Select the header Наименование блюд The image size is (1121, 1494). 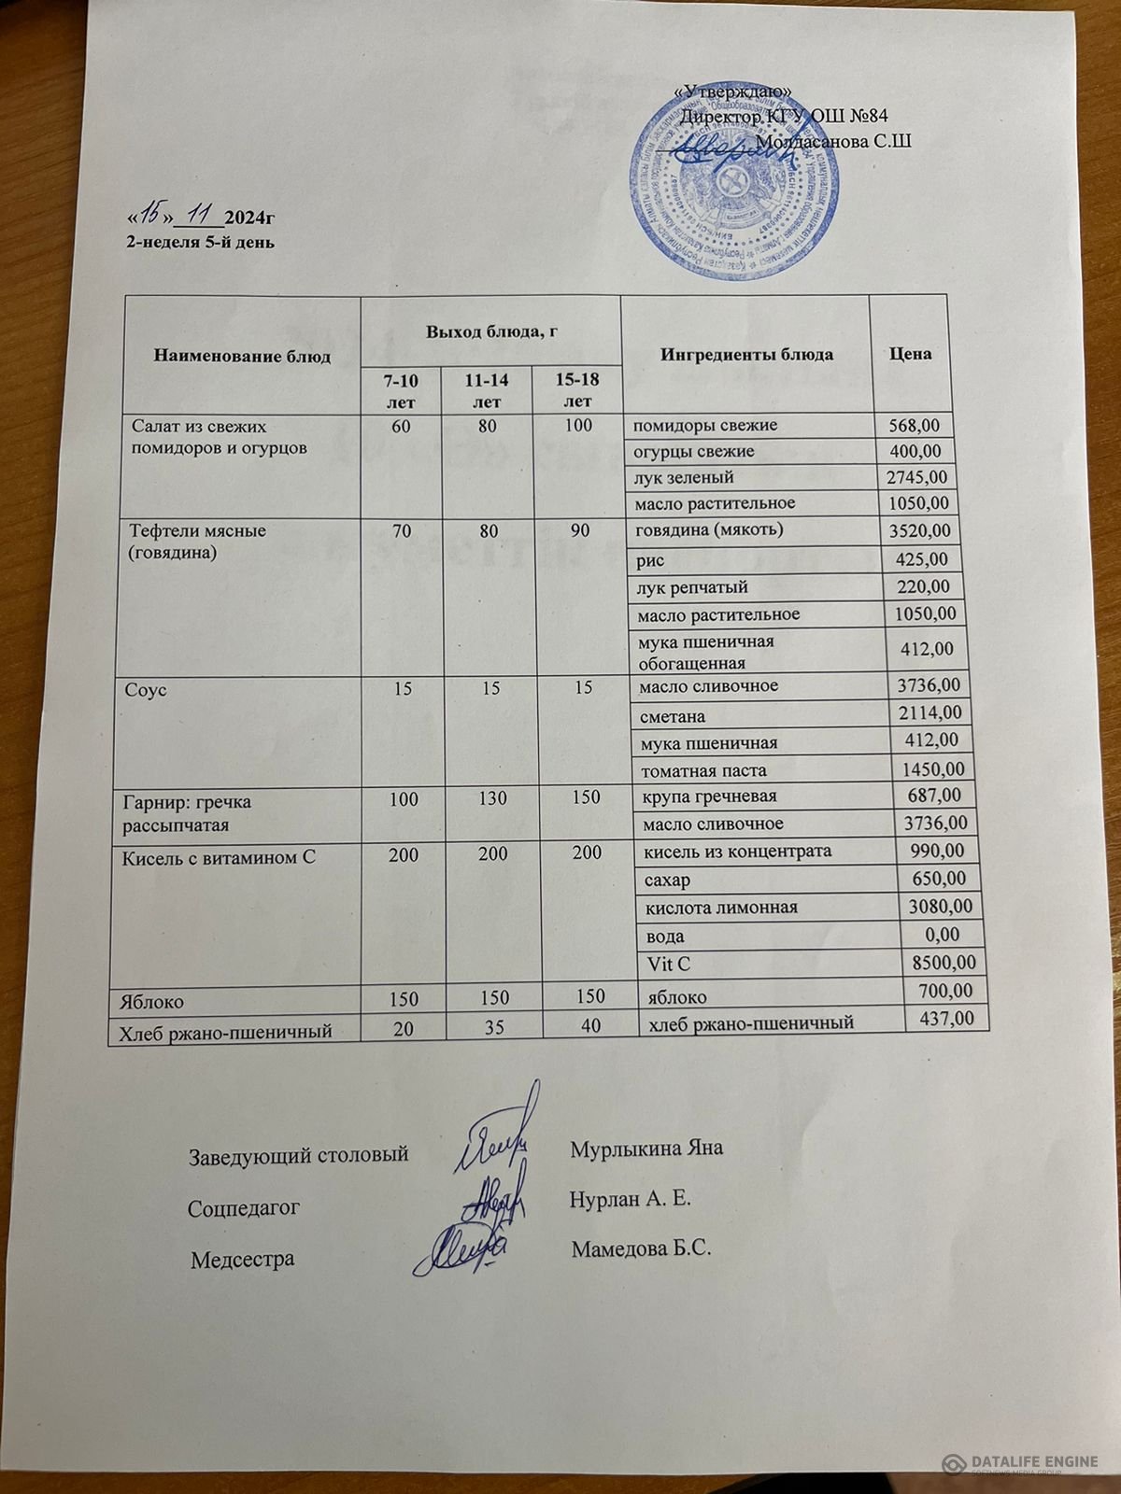tap(242, 357)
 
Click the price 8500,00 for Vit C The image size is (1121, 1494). tap(942, 962)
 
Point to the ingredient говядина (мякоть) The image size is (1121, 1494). tap(710, 530)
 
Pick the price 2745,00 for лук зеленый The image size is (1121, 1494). tap(916, 477)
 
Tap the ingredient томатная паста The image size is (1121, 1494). tap(702, 770)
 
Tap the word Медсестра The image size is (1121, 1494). tap(242, 1259)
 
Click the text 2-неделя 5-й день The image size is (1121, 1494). tap(201, 242)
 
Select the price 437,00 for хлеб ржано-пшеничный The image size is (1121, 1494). tap(946, 1018)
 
